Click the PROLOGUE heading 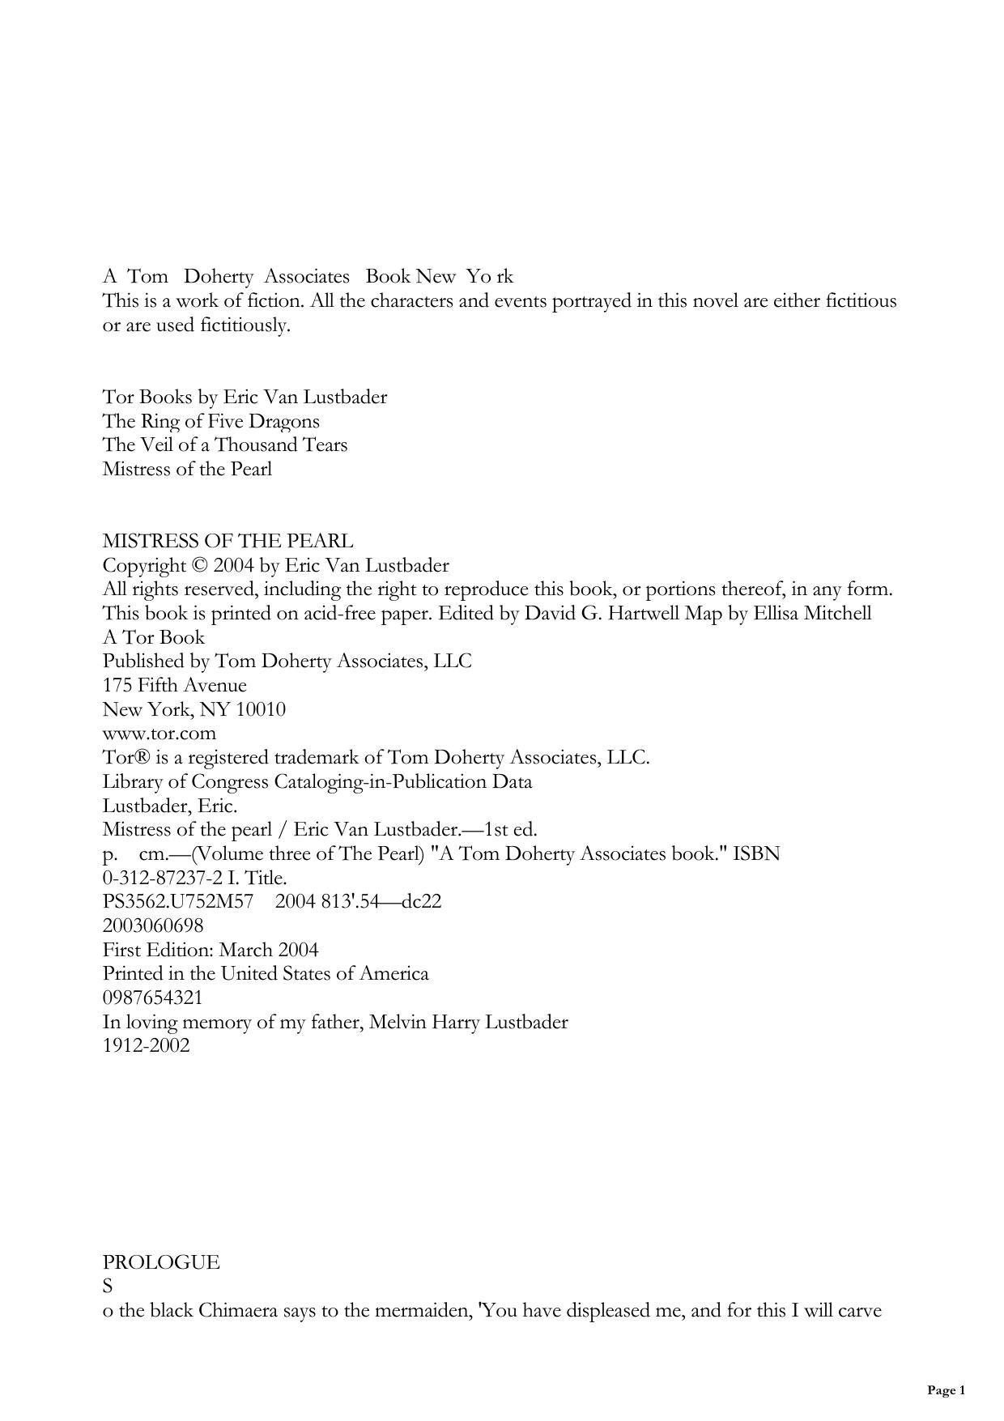[160, 1262]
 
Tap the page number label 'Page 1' [946, 1390]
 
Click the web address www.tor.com [159, 734]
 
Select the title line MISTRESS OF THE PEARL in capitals [228, 541]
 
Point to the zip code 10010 [261, 710]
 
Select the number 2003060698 [153, 925]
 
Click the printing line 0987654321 [152, 998]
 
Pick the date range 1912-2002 [146, 1045]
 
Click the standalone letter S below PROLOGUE [108, 1286]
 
